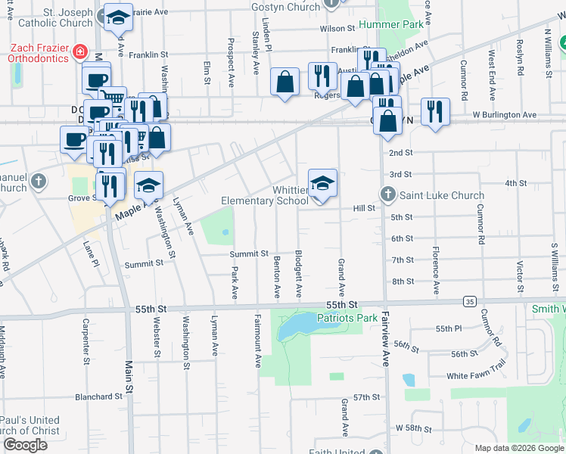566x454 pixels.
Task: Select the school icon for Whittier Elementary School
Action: (x=322, y=184)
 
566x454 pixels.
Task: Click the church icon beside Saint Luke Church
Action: (x=388, y=195)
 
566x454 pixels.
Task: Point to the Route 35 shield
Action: (x=470, y=301)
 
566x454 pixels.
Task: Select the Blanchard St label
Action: (x=98, y=396)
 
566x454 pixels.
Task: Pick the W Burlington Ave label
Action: (x=505, y=115)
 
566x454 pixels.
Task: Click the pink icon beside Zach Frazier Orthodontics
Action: (x=79, y=52)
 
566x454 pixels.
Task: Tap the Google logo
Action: (x=24, y=444)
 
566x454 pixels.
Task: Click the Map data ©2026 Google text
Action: (x=518, y=448)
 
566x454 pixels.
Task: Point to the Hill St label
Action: (x=364, y=207)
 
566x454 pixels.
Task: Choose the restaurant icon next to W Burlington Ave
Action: (x=434, y=110)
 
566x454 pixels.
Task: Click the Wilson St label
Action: (x=337, y=28)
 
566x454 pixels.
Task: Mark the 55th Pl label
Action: (x=448, y=329)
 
